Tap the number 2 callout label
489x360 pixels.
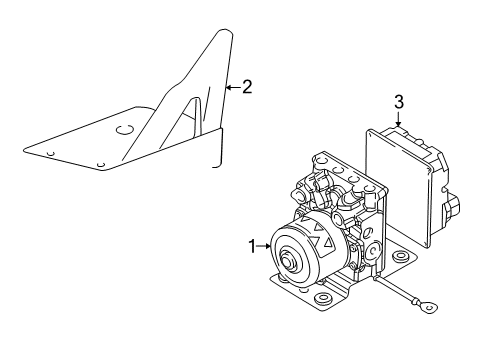coord(246,87)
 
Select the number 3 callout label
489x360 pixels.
coord(398,102)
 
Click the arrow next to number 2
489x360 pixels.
coord(231,88)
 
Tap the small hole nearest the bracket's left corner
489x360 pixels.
coord(49,153)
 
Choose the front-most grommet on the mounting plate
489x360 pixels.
coord(322,327)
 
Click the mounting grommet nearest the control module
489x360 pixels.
coord(403,260)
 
